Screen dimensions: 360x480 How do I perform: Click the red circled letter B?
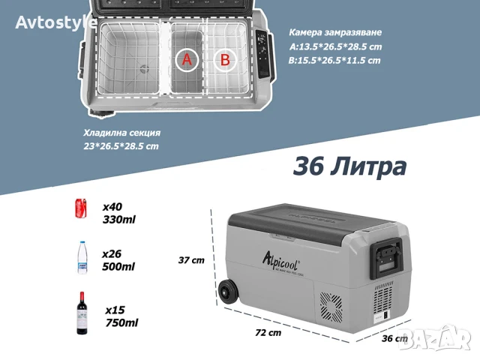tap(223, 60)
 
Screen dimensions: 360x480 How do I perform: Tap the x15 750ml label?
tap(121, 316)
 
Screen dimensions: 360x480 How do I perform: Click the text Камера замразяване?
tap(335, 34)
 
